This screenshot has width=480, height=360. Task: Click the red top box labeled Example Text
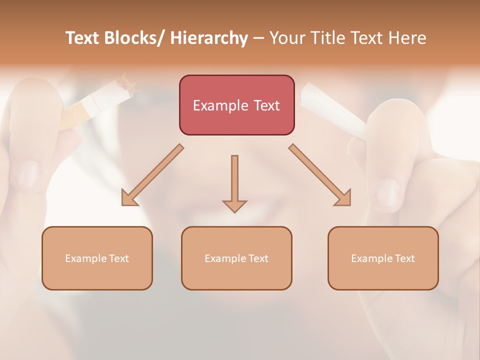(236, 105)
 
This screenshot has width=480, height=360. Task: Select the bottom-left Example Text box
(97, 258)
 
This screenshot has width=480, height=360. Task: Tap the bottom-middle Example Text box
(236, 258)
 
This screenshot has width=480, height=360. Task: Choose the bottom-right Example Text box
(383, 258)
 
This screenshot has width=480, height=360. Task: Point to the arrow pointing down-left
(152, 175)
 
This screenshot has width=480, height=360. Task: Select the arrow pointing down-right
(320, 175)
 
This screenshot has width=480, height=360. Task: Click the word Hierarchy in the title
(209, 38)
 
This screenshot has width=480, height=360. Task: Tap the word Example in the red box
(220, 105)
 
